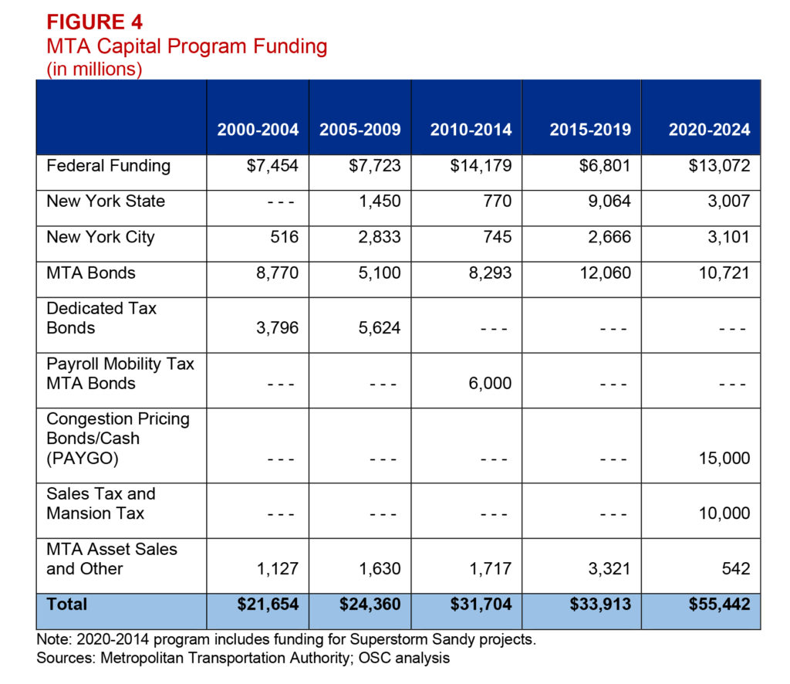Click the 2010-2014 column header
(x=471, y=130)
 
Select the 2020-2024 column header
(x=709, y=130)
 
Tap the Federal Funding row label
(x=108, y=166)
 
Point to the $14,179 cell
(x=481, y=166)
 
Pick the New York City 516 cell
(x=285, y=237)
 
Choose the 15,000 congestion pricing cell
(x=723, y=458)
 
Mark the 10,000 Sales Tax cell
(x=723, y=513)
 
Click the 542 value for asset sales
(x=737, y=569)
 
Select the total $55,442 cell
(x=719, y=604)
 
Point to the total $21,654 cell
(x=268, y=604)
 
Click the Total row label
(x=67, y=604)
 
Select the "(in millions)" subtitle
(x=94, y=69)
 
